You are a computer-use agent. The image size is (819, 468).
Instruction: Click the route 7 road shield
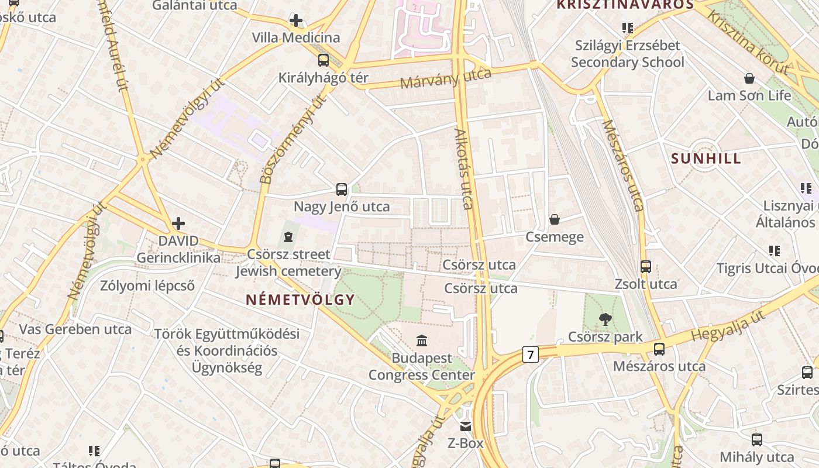tap(530, 355)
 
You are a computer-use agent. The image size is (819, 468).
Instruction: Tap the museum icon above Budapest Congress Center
tap(421, 340)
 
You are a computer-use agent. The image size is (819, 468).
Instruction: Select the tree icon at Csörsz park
tap(605, 319)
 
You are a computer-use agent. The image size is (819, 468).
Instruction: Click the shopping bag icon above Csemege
tap(554, 219)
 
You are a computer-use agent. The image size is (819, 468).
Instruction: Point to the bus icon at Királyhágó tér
tap(323, 60)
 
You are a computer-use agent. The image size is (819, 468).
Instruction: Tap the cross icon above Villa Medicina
tap(296, 21)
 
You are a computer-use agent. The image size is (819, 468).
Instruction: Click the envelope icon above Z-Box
tap(465, 426)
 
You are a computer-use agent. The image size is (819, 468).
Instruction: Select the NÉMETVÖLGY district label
tap(300, 300)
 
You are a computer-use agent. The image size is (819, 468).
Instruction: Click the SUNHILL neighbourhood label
tap(706, 159)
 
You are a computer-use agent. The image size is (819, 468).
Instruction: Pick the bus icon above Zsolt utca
tap(645, 267)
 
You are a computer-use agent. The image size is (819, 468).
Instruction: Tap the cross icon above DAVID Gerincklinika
tap(178, 223)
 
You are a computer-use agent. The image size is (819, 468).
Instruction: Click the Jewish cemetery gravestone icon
tap(287, 236)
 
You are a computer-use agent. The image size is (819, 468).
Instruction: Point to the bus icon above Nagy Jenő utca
tap(342, 189)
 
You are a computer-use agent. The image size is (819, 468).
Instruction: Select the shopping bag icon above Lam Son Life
tap(749, 78)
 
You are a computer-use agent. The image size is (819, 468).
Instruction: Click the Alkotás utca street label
tap(463, 170)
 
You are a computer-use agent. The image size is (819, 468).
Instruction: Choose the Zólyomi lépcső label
tap(147, 285)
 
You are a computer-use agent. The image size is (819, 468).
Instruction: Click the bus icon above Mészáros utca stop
tap(659, 349)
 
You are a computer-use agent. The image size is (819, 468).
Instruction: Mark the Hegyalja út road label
tap(728, 326)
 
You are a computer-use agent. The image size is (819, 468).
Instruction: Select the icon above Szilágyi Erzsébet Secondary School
tap(628, 27)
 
